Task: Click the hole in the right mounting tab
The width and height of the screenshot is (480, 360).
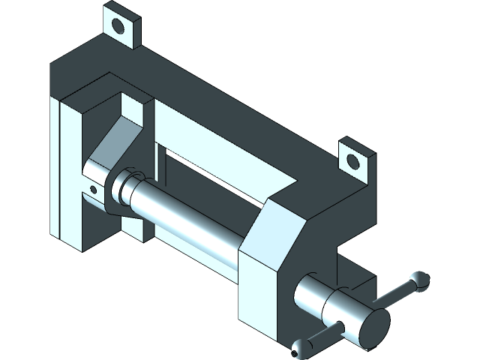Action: coord(353,158)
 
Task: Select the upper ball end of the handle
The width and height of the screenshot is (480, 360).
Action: coord(418,280)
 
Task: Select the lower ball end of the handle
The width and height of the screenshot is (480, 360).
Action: coord(301,346)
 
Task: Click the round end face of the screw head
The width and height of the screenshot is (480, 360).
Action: coord(373,328)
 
